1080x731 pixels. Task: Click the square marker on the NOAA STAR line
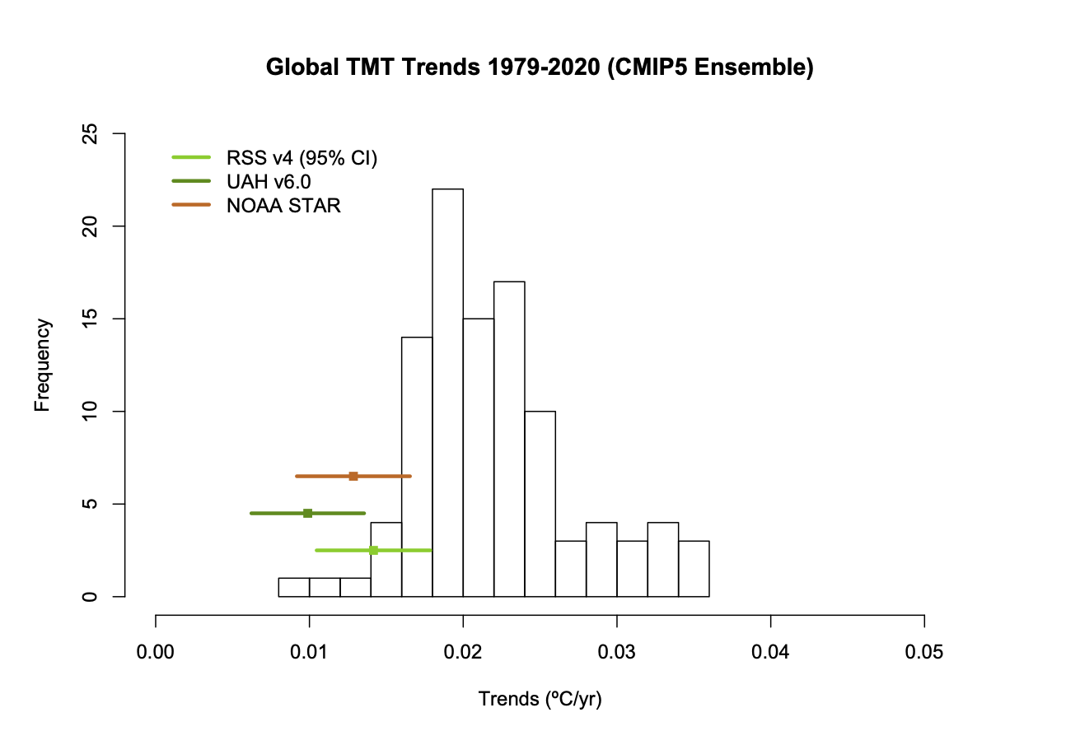point(353,476)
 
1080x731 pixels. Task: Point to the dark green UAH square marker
point(307,513)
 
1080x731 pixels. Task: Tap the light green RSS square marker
point(373,550)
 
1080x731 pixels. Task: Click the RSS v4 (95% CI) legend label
point(302,158)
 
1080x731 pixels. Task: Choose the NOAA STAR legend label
point(283,206)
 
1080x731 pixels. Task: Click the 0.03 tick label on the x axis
point(617,654)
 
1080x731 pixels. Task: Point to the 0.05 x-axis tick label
point(924,654)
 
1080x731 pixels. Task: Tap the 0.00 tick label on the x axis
point(156,654)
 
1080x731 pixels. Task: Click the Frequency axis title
point(43,365)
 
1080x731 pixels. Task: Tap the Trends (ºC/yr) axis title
point(540,700)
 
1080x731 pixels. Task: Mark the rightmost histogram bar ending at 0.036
point(694,569)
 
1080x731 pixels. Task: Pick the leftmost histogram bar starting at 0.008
point(294,587)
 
